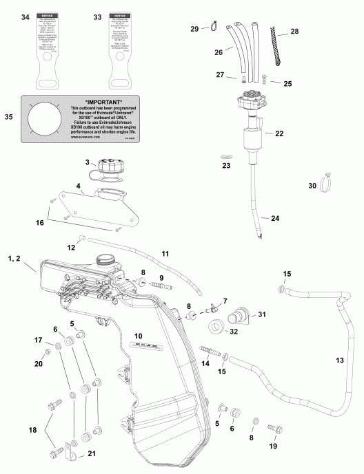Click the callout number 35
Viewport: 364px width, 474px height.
(9, 118)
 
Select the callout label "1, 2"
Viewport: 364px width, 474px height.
(14, 258)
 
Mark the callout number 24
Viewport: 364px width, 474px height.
(274, 218)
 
